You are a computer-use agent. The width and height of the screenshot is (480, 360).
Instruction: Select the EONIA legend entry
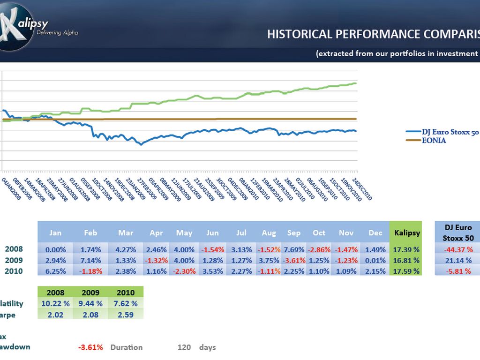click(434, 140)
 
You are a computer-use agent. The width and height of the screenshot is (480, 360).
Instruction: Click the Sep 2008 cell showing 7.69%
click(294, 249)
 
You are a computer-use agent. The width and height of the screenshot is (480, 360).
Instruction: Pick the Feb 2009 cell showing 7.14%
click(91, 260)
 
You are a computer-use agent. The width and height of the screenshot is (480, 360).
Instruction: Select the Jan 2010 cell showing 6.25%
click(55, 271)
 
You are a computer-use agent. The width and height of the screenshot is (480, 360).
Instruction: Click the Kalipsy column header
click(407, 232)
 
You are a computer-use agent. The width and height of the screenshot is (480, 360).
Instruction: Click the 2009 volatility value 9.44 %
click(90, 303)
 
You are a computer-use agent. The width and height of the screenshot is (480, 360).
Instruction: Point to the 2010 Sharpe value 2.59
click(125, 315)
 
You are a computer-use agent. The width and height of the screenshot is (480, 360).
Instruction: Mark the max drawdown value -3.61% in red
click(90, 347)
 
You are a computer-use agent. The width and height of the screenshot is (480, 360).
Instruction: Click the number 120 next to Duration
click(184, 347)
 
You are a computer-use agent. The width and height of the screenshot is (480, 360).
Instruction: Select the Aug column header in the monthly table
click(269, 232)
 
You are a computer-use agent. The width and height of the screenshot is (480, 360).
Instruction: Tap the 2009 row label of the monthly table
click(14, 260)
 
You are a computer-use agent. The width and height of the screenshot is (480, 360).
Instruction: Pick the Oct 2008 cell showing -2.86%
click(319, 249)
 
